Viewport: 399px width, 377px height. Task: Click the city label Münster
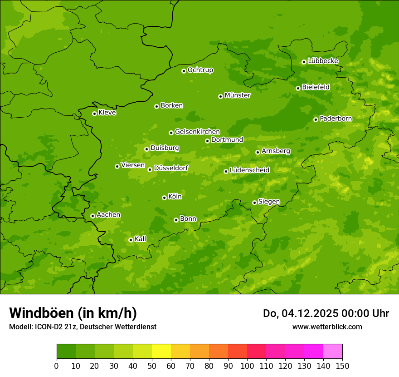(238, 95)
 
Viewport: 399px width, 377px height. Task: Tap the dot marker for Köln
(164, 198)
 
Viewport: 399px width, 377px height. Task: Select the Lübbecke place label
(323, 61)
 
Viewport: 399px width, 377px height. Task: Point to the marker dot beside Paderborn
(316, 119)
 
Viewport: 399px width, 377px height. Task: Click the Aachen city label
(108, 215)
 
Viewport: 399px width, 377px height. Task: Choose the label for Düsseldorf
(170, 168)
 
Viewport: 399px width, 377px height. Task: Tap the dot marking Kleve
(94, 114)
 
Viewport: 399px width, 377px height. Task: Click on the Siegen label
(269, 202)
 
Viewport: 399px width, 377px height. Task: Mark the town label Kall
(141, 239)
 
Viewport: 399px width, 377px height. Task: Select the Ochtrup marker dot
(184, 71)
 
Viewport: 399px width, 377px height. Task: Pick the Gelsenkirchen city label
(197, 132)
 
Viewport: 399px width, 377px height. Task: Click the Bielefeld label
(316, 87)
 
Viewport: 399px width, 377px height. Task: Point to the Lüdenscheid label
(249, 170)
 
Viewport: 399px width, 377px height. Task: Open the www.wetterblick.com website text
(327, 327)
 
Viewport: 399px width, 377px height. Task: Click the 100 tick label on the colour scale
(247, 366)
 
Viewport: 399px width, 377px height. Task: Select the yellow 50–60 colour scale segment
(161, 352)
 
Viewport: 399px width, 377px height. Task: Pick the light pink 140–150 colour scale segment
(333, 352)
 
